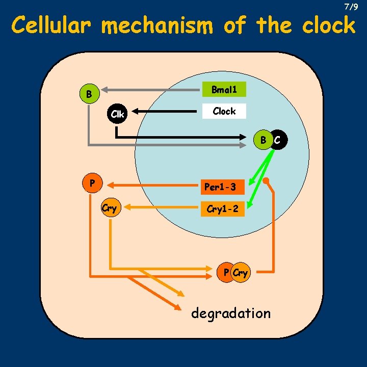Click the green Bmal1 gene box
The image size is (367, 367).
coord(224,90)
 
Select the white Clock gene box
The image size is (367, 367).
coord(224,111)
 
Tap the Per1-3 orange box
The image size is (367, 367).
coord(220,187)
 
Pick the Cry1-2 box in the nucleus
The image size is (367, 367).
coord(222,208)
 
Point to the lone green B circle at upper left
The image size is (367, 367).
coord(89,94)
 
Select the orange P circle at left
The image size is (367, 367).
coord(92,182)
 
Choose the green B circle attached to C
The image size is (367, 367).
coord(264,140)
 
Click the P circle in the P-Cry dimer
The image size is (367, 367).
coord(226,273)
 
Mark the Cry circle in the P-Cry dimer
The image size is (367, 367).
coord(241,273)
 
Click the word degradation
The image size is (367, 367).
coord(230,313)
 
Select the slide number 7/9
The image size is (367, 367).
coord(351,7)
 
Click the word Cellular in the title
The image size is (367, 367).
coord(52,25)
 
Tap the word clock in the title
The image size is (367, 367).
coord(329,25)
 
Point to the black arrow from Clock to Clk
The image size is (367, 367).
coord(166,111)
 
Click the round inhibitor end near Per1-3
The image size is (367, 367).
coord(267,181)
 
